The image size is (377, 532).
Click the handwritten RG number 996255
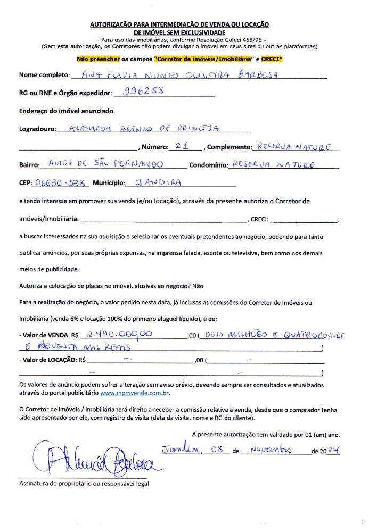[142, 91]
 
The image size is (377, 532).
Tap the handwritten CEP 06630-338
[59, 182]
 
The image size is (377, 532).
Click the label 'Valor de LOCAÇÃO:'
[48, 360]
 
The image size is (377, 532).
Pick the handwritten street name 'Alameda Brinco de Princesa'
[145, 128]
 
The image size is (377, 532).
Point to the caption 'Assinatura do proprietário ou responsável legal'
[84, 484]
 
